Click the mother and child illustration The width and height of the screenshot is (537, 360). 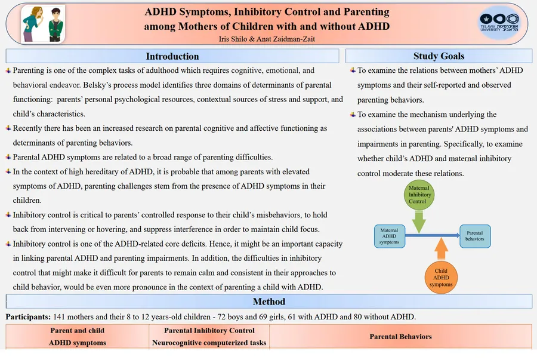pyautogui.click(x=43, y=24)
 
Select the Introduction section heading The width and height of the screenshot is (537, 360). pyautogui.click(x=172, y=56)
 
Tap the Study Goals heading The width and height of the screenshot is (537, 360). pyautogui.click(x=439, y=56)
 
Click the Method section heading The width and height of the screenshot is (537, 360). pyautogui.click(x=268, y=301)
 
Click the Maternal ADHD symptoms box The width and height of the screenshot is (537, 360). pyautogui.click(x=389, y=236)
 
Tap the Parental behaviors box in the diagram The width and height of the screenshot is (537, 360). pyautogui.click(x=475, y=236)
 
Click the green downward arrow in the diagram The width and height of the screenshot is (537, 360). pyautogui.click(x=419, y=222)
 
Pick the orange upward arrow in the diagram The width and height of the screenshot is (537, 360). pyautogui.click(x=441, y=247)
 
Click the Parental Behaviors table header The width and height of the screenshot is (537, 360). pyautogui.click(x=400, y=337)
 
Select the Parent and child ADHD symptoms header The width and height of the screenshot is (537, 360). pyautogui.click(x=78, y=337)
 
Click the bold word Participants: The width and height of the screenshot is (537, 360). pyautogui.click(x=27, y=316)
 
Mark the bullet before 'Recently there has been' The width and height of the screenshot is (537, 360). pyautogui.click(x=8, y=128)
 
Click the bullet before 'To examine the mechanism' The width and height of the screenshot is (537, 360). pyautogui.click(x=353, y=115)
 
